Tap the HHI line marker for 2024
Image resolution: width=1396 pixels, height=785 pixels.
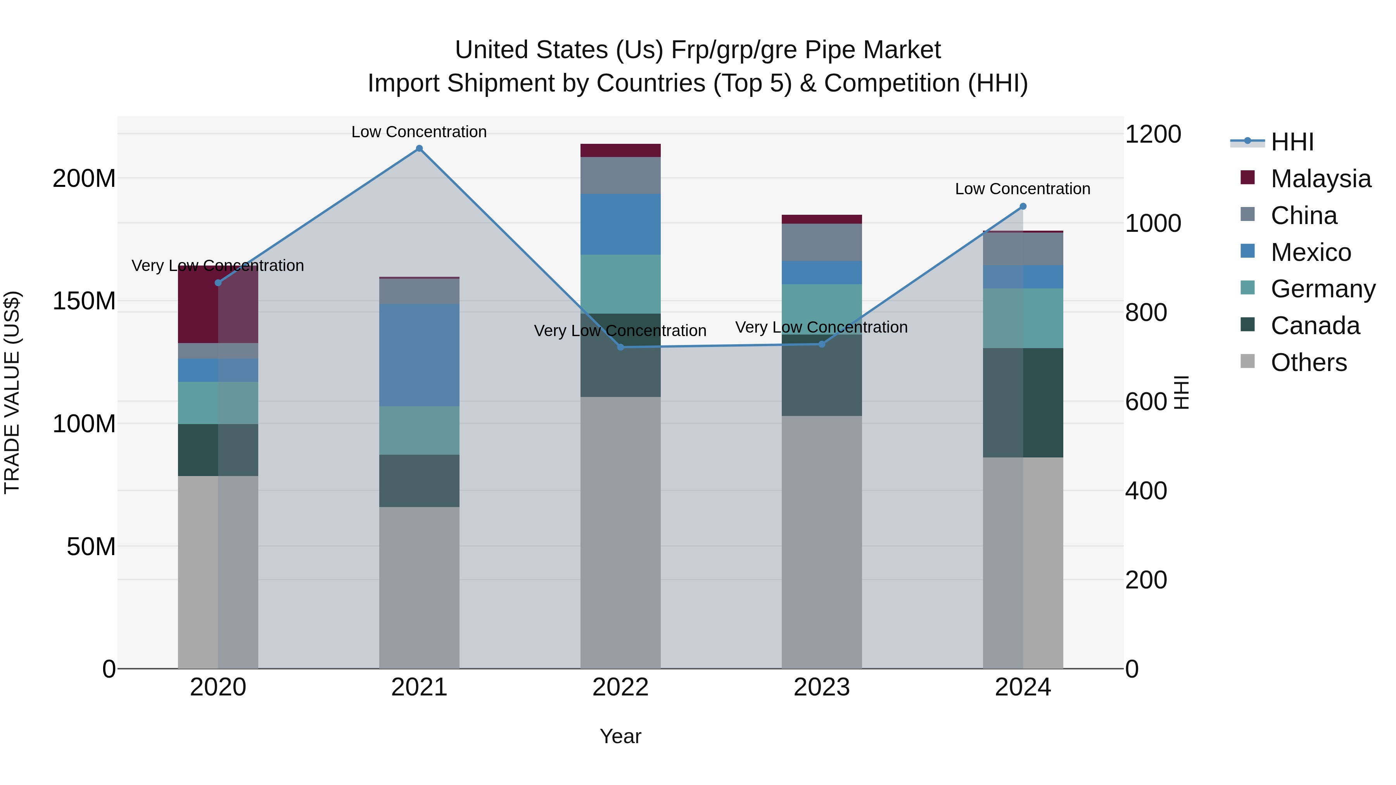(1023, 206)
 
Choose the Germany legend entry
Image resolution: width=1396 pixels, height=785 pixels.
(1322, 289)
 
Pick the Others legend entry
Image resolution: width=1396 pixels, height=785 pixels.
(1308, 362)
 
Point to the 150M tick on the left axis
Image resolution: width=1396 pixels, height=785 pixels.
(84, 301)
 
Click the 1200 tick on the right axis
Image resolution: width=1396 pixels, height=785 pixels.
(1153, 135)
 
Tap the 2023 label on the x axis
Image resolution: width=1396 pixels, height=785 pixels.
(822, 687)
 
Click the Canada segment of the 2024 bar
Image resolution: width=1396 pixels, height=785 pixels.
(1023, 402)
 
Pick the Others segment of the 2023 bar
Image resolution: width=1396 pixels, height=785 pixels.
(822, 542)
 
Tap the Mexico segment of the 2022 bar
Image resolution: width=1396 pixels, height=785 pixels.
(620, 224)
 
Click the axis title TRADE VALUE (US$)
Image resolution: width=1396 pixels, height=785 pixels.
(12, 392)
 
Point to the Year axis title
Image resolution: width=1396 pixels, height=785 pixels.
(620, 736)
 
